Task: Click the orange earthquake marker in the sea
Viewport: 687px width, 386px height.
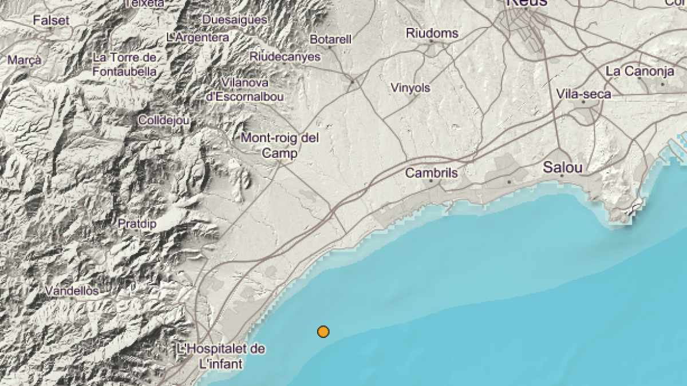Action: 323,331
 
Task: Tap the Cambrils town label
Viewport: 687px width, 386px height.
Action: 432,173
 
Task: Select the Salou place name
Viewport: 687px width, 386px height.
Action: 562,168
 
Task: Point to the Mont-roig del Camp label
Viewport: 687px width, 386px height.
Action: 280,145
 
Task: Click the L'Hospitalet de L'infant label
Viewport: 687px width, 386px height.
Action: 221,356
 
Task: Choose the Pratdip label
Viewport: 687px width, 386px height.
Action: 137,224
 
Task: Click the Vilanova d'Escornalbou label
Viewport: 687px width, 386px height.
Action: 244,90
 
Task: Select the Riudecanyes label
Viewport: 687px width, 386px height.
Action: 282,56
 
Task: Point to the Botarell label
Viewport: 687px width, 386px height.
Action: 330,39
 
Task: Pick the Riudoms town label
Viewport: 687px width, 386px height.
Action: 432,33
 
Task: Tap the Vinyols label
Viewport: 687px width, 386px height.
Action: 410,88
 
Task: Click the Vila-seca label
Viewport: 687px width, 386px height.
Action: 583,94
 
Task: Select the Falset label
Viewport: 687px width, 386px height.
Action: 51,21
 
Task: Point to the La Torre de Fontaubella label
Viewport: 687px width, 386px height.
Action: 124,65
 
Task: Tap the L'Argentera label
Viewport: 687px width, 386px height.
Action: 198,38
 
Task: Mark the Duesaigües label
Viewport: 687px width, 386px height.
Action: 235,19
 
